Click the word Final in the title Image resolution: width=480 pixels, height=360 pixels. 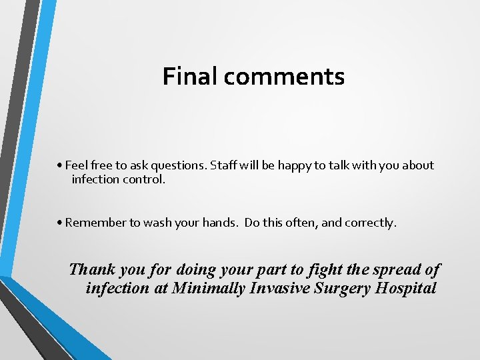[190, 76]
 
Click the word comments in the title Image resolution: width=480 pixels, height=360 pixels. [284, 77]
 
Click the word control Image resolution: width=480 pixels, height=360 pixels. [145, 179]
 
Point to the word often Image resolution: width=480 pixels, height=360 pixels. [302, 223]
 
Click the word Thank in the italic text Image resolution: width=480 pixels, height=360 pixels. [92, 269]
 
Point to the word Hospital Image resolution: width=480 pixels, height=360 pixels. [407, 289]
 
